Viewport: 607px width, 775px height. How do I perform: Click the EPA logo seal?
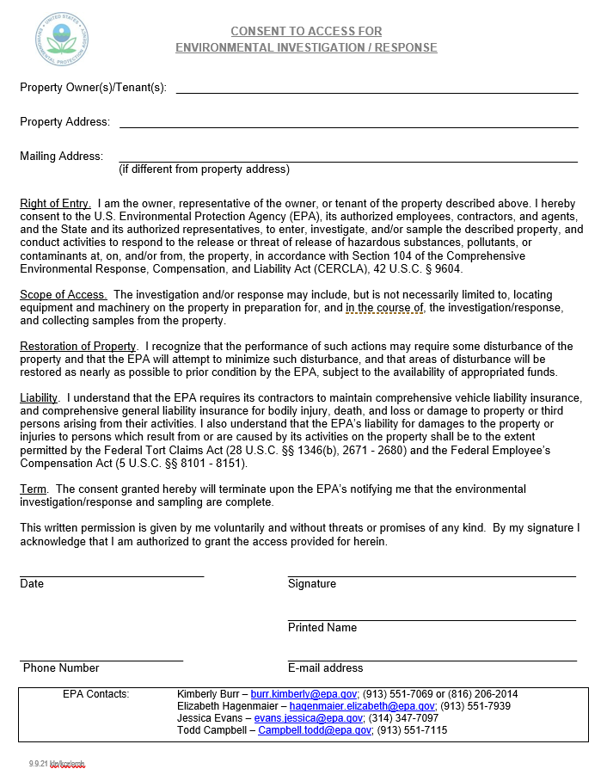pyautogui.click(x=61, y=39)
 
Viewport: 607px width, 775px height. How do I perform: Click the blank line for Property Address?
pyautogui.click(x=348, y=126)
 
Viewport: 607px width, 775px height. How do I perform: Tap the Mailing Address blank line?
pyautogui.click(x=348, y=161)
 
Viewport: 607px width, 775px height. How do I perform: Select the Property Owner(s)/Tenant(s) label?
pyautogui.click(x=93, y=88)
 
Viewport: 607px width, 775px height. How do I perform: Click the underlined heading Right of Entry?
pyautogui.click(x=54, y=204)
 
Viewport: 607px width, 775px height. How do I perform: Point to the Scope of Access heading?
pyautogui.click(x=63, y=295)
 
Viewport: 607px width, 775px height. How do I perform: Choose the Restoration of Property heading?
pyautogui.click(x=78, y=347)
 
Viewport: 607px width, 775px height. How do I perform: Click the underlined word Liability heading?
pyautogui.click(x=39, y=398)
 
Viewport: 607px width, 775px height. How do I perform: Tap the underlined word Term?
pyautogui.click(x=34, y=489)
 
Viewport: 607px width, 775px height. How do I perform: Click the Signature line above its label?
pyautogui.click(x=431, y=575)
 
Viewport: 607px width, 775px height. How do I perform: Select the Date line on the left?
pyautogui.click(x=112, y=575)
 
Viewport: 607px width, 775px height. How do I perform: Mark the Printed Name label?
pyautogui.click(x=322, y=628)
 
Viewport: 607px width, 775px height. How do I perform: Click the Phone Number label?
pyautogui.click(x=61, y=668)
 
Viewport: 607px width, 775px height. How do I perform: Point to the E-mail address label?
pyautogui.click(x=325, y=668)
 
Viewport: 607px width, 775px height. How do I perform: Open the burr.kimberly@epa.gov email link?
pyautogui.click(x=303, y=694)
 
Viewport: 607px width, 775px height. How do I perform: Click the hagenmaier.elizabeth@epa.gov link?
pyautogui.click(x=362, y=706)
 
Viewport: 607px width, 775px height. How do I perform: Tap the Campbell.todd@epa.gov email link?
pyautogui.click(x=315, y=730)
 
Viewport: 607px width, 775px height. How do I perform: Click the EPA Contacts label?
pyautogui.click(x=95, y=694)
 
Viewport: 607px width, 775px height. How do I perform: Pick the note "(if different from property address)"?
pyautogui.click(x=204, y=169)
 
